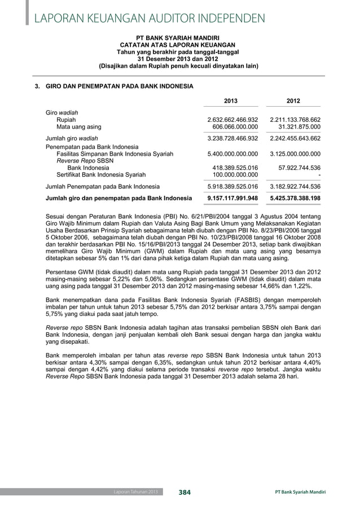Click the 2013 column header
point(231,101)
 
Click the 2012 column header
point(293,101)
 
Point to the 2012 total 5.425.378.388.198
point(295,198)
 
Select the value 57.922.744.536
point(297,168)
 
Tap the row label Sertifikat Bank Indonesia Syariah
point(96,175)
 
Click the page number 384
point(185,493)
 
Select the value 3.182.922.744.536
point(295,186)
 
